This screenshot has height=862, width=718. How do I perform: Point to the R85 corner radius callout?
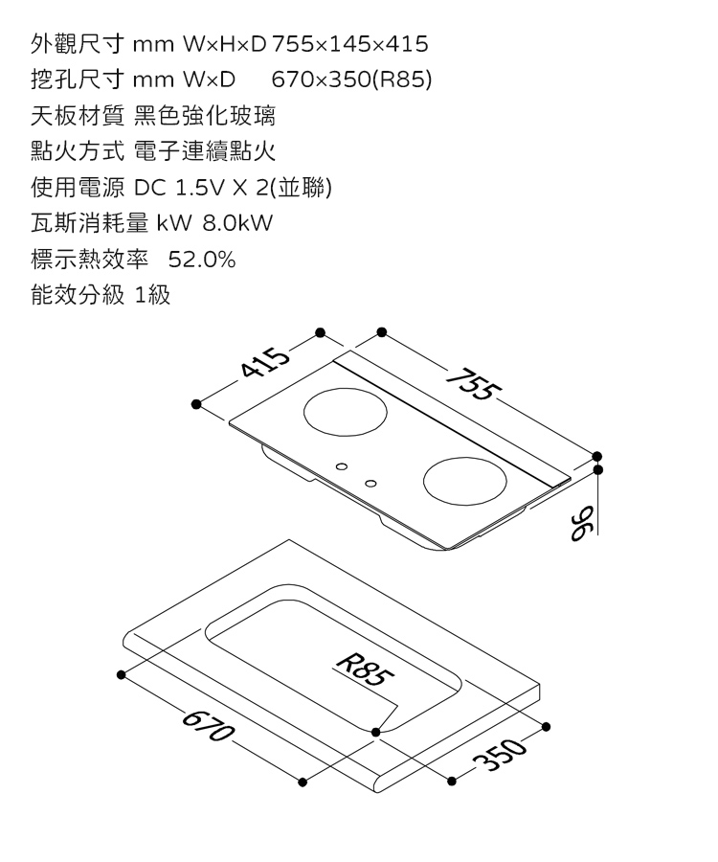coord(364,667)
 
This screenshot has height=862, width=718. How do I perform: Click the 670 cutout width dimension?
coord(205,725)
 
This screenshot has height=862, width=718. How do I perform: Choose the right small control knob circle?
coord(370,481)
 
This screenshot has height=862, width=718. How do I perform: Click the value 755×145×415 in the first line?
coord(350,45)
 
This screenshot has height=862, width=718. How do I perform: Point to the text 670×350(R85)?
coord(352,81)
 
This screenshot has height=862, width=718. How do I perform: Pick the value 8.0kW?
coord(237,224)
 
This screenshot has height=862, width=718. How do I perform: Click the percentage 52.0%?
coord(202,261)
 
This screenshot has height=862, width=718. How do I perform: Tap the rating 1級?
coord(153,296)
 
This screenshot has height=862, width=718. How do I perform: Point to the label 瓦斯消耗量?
coord(89,224)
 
